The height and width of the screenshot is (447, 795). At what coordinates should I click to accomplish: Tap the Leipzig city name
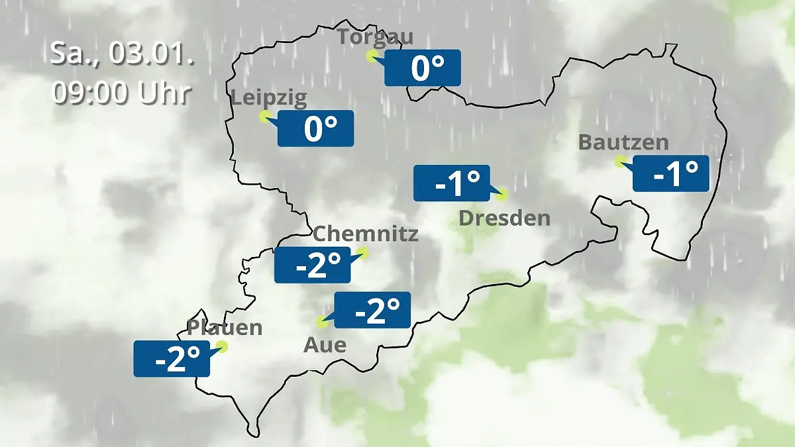269,99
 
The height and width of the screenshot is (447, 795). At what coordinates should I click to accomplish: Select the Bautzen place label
623,142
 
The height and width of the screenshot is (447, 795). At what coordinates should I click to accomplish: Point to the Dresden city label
505,218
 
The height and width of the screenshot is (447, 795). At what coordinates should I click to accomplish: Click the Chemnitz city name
365,234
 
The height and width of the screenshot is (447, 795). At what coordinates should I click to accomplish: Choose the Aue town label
325,345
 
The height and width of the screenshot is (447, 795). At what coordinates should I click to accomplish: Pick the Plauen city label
225,327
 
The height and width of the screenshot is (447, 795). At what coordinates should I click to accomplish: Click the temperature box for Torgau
423,68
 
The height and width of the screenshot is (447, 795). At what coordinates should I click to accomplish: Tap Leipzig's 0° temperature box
315,128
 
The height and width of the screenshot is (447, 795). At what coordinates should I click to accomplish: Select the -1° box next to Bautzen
671,174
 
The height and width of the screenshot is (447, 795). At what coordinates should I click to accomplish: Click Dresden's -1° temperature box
452,183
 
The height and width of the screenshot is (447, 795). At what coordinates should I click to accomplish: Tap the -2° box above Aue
372,310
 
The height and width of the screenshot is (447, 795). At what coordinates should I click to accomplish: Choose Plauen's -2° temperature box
172,359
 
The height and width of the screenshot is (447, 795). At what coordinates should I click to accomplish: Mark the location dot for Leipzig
264,117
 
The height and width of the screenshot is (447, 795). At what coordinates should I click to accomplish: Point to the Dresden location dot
502,194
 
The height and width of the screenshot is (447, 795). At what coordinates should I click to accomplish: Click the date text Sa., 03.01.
122,54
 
